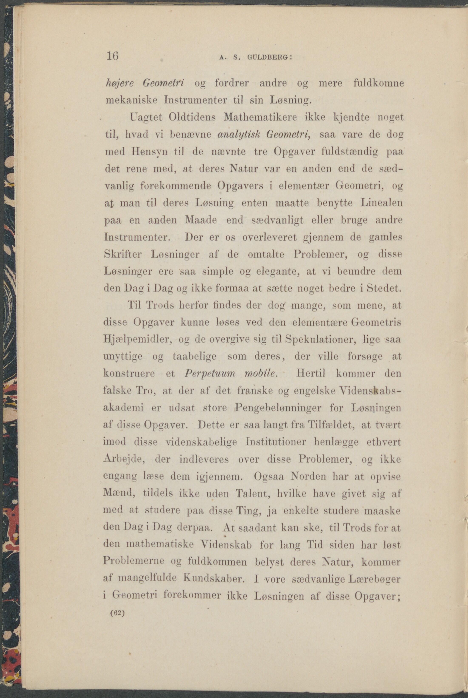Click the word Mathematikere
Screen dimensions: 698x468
pyautogui.click(x=260, y=117)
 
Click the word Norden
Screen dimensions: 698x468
pyautogui.click(x=308, y=476)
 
